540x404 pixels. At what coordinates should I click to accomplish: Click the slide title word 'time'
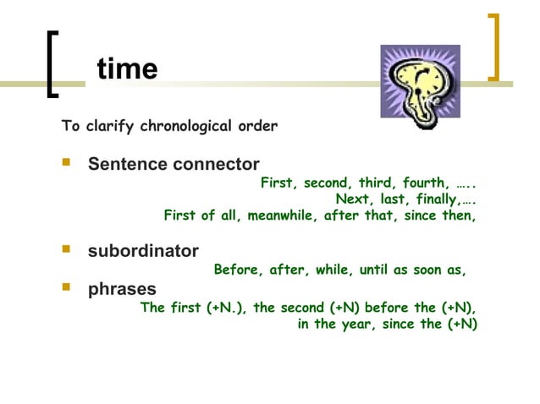pos(128,68)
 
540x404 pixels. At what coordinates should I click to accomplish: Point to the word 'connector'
pos(215,163)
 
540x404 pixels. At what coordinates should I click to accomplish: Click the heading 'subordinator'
pos(144,251)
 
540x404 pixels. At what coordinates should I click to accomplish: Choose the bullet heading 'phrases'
pos(123,290)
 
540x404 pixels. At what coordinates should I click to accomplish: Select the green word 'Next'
pos(352,199)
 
